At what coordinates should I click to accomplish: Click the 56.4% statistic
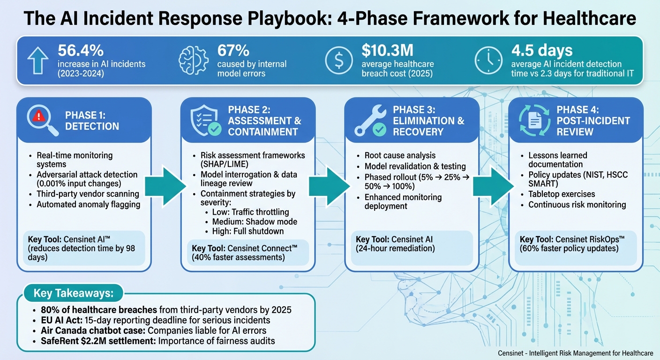(x=81, y=51)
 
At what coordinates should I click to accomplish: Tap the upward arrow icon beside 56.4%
(x=38, y=60)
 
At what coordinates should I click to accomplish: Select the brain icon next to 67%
(x=193, y=60)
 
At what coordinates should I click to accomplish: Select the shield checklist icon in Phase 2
(x=205, y=120)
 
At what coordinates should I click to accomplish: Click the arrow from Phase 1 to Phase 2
(x=163, y=186)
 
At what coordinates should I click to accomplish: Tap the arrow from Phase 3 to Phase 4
(x=491, y=186)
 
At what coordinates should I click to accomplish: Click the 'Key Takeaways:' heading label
(x=74, y=293)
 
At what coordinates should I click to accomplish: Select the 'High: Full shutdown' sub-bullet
(x=247, y=231)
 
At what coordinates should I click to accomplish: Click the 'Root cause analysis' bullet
(x=400, y=155)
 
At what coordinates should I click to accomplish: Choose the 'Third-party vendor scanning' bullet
(x=88, y=194)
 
